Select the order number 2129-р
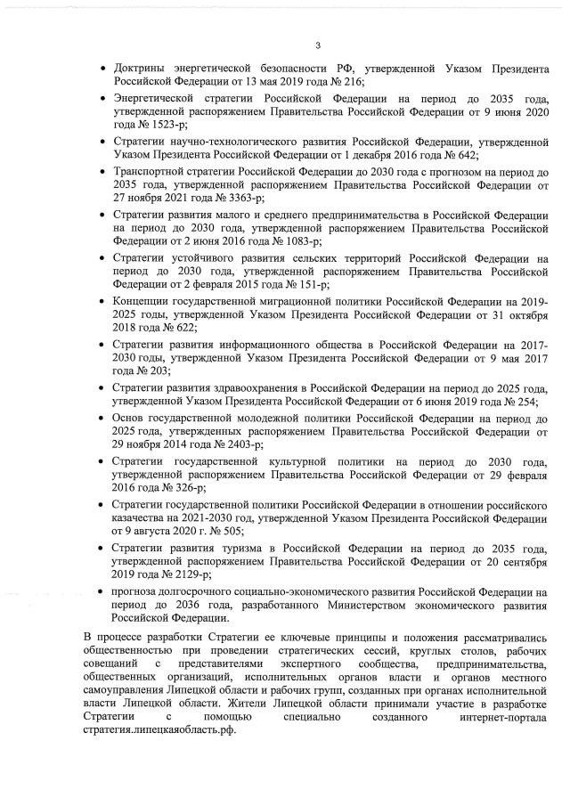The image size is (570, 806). pyautogui.click(x=182, y=574)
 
